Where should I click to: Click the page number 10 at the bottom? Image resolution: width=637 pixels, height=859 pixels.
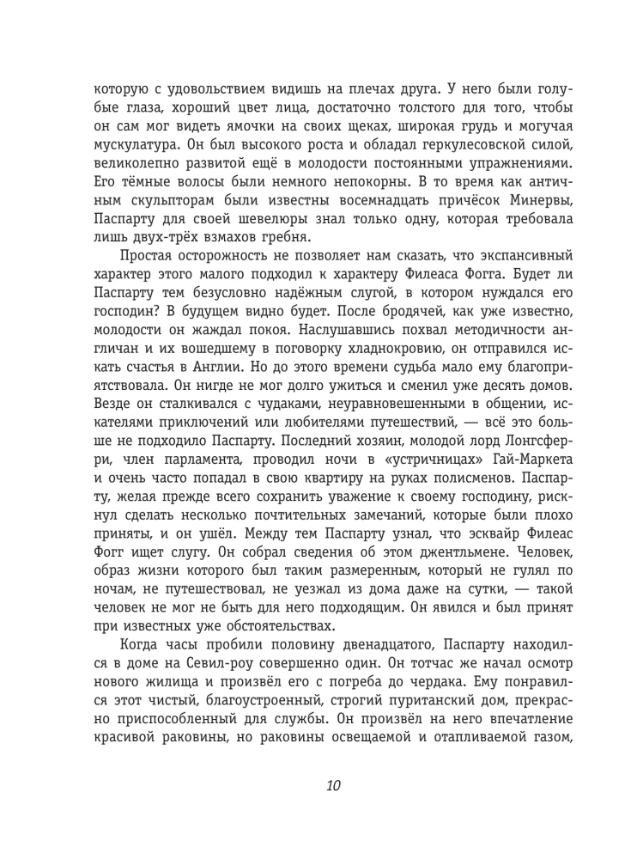[334, 787]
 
